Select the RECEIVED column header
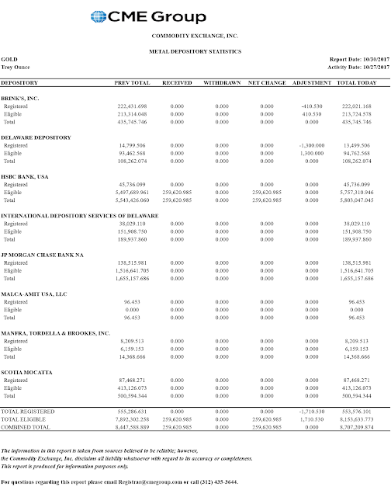pos(177,82)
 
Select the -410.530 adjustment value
pos(310,107)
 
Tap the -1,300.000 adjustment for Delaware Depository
pos(310,145)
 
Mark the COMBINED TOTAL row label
pos(27,427)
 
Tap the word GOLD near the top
pos(9,59)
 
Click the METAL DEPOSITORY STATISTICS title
pos(195,51)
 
